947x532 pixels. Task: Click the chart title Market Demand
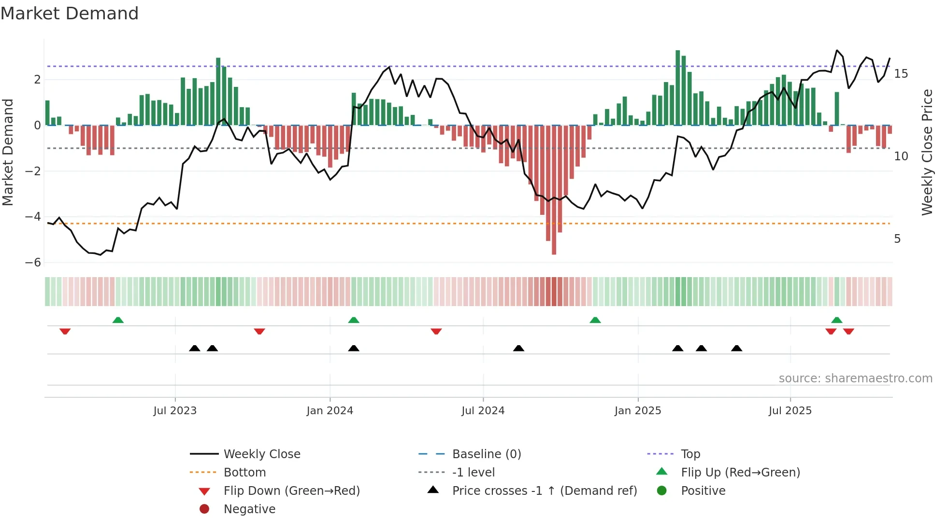point(70,14)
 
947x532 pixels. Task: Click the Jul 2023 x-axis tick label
point(175,411)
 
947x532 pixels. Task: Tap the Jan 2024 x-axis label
point(330,411)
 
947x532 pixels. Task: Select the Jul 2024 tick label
point(483,411)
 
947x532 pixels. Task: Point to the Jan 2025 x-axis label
point(638,411)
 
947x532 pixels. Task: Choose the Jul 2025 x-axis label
point(790,411)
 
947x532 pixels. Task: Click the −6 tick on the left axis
point(33,263)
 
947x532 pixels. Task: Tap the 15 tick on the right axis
point(901,74)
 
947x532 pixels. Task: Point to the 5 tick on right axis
point(897,239)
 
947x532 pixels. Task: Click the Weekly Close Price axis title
point(927,152)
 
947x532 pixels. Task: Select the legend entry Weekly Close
point(261,454)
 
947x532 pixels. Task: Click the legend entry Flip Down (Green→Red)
point(291,491)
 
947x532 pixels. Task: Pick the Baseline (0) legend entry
point(486,454)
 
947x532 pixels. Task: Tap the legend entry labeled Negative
point(249,509)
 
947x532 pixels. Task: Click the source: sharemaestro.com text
point(855,378)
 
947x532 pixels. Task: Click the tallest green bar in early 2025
point(677,87)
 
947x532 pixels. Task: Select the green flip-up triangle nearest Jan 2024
point(354,320)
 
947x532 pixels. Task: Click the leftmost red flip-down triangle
point(65,331)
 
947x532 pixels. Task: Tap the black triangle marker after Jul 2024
point(518,348)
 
